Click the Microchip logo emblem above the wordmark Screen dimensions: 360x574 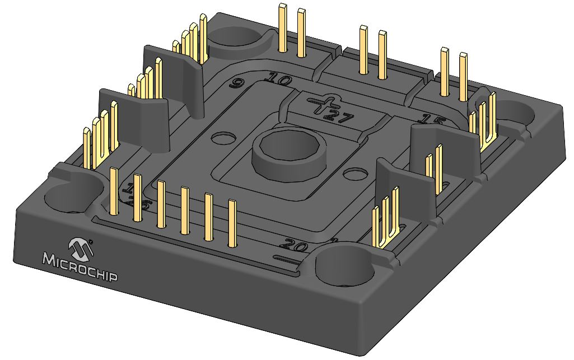pos(80,247)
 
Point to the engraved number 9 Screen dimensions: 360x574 pos(237,85)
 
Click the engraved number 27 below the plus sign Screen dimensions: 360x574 pos(338,117)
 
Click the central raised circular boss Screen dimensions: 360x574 pos(288,152)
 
